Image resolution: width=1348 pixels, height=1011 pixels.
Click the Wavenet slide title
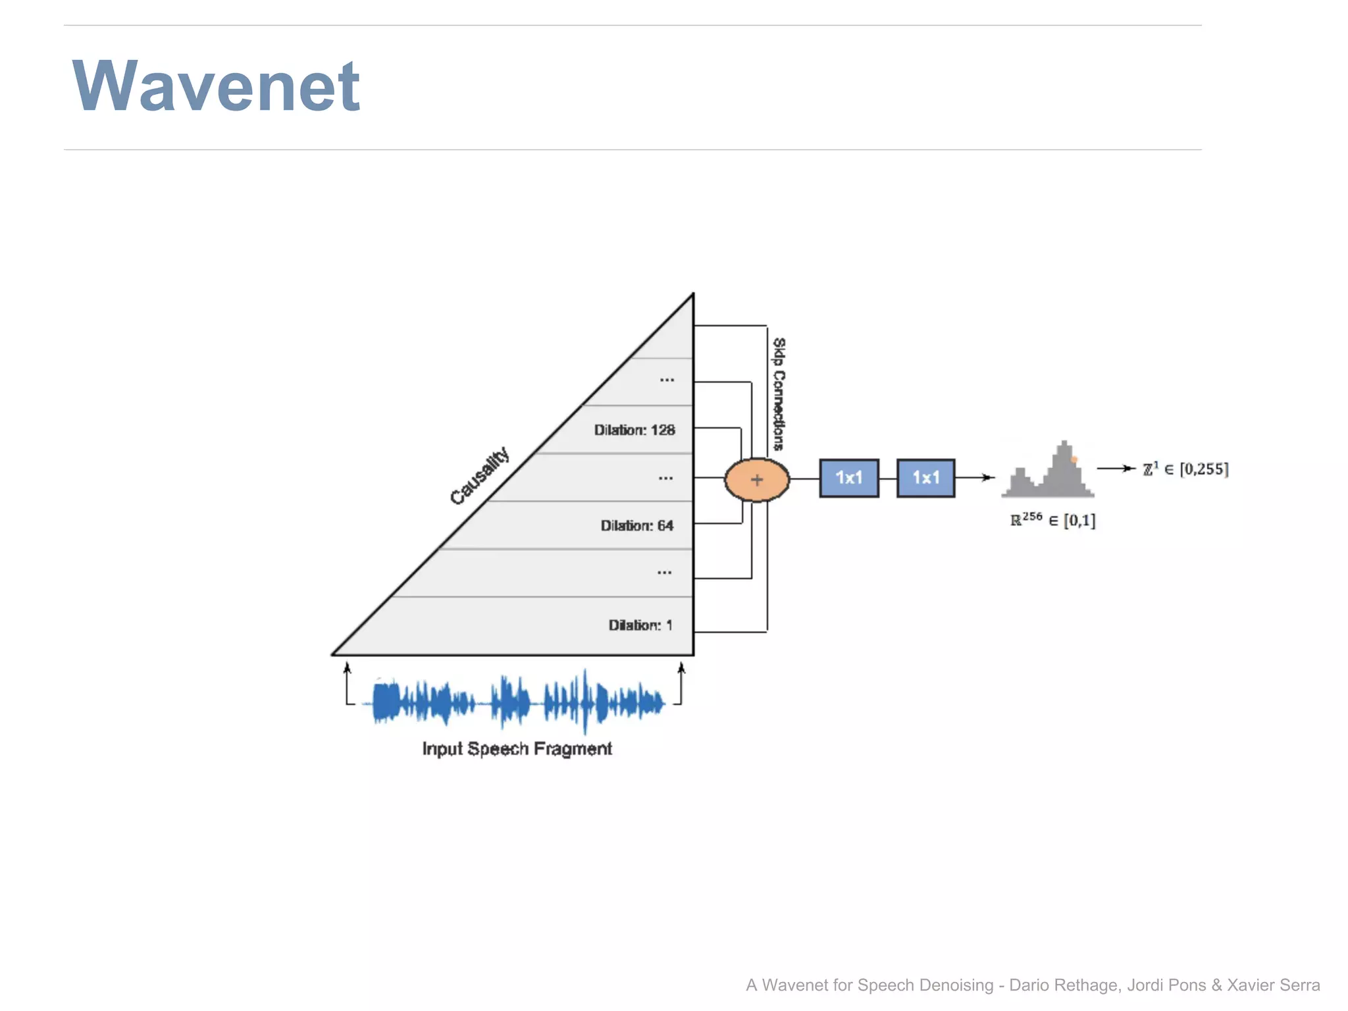216,86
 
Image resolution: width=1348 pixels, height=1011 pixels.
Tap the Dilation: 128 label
635,430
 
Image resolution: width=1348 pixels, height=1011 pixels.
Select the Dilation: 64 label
636,525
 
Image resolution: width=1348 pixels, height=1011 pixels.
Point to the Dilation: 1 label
640,625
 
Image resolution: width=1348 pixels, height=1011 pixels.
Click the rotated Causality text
479,475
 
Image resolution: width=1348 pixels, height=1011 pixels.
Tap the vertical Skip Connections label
779,394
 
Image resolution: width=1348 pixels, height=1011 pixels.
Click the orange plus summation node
757,480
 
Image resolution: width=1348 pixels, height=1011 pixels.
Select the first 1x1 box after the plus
849,478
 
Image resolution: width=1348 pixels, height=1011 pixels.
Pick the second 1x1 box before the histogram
925,478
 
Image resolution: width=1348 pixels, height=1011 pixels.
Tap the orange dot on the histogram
1074,459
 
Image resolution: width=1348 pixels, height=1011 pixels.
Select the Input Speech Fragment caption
517,748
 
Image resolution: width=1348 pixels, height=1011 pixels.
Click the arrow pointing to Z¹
1116,469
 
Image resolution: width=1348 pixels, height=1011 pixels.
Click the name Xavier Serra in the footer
1273,985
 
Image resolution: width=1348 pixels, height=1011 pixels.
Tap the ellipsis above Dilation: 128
667,380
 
